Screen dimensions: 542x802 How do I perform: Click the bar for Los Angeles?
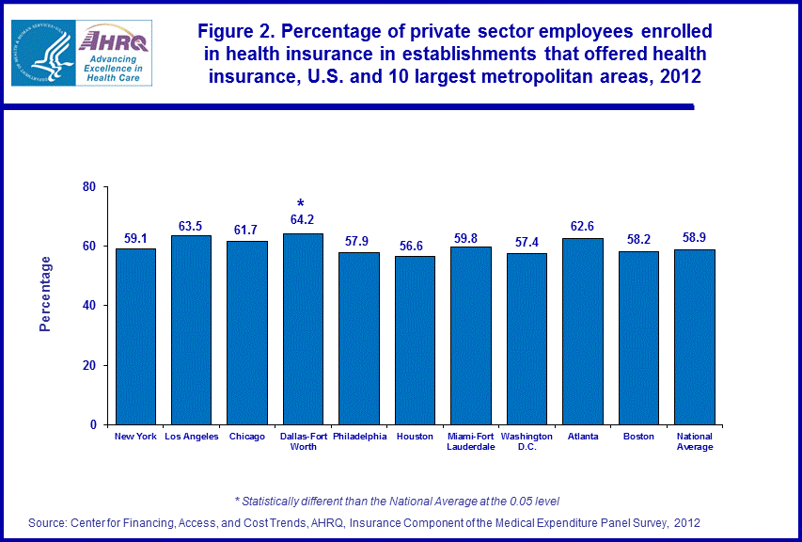[x=191, y=329]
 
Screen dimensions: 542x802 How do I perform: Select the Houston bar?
[x=415, y=340]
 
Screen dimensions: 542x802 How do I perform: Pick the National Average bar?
[x=695, y=337]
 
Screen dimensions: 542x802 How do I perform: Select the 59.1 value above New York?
[x=135, y=236]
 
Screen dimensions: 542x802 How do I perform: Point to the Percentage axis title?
[x=45, y=294]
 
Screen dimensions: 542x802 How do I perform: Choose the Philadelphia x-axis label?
[x=359, y=437]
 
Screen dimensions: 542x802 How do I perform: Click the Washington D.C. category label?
[x=527, y=441]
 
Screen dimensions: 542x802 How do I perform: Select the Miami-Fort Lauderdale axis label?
[x=471, y=441]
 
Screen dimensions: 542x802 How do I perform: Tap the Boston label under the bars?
[x=638, y=437]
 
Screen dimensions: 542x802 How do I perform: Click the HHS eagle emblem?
[x=42, y=51]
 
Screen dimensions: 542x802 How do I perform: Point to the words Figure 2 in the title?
[x=235, y=31]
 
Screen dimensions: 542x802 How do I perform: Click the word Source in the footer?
[x=48, y=521]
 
